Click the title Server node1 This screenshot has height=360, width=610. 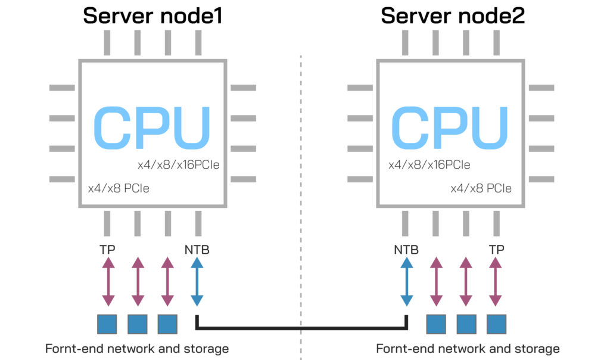pyautogui.click(x=152, y=15)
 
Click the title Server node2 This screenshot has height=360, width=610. pyautogui.click(x=453, y=15)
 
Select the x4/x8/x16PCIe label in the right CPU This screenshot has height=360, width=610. pyautogui.click(x=429, y=165)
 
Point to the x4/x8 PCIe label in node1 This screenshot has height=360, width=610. pyautogui.click(x=118, y=189)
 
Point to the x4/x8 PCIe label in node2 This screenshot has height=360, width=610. pyautogui.click(x=481, y=189)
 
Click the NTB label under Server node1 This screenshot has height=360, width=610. pyautogui.click(x=197, y=250)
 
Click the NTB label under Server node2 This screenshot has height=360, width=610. pyautogui.click(x=406, y=250)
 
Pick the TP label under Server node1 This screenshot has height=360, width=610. pyautogui.click(x=107, y=250)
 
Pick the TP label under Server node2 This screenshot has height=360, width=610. pyautogui.click(x=496, y=250)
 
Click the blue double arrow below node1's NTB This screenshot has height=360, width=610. pyautogui.click(x=197, y=282)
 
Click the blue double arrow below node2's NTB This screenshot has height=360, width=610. pyautogui.click(x=406, y=282)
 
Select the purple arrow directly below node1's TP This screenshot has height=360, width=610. pyautogui.click(x=107, y=282)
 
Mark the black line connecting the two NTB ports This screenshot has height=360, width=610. pyautogui.click(x=301, y=327)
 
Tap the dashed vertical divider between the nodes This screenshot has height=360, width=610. pyautogui.click(x=301, y=179)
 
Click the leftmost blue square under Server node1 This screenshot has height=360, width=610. pyautogui.click(x=107, y=324)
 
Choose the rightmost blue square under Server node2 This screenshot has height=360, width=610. pyautogui.click(x=496, y=324)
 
